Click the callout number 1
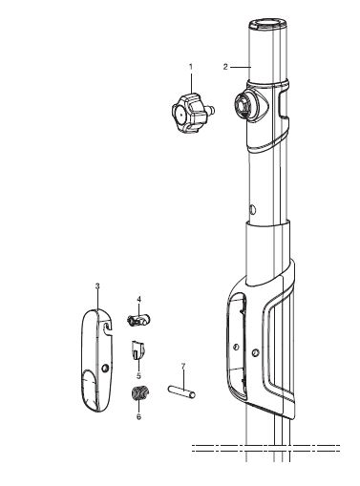click(191, 67)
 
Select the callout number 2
click(225, 67)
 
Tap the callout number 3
click(97, 285)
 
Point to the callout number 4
click(139, 299)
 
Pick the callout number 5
click(138, 375)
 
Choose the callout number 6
click(138, 416)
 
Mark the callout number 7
click(183, 367)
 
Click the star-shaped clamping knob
click(190, 113)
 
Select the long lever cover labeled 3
click(96, 360)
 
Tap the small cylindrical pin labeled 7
click(181, 391)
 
